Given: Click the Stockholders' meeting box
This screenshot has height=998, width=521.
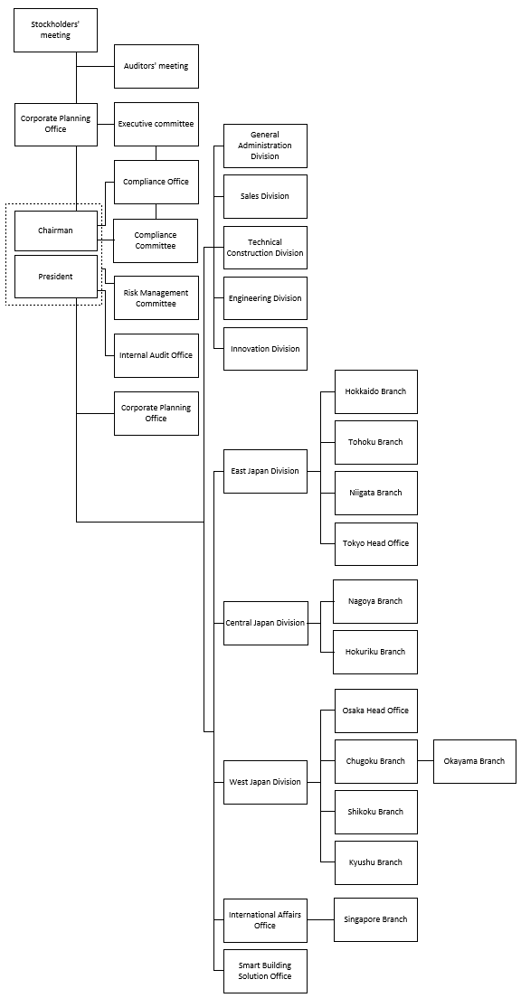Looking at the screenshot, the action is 55,30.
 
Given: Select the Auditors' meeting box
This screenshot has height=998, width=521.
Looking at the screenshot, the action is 156,66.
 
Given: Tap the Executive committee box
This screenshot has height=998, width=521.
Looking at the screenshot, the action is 156,124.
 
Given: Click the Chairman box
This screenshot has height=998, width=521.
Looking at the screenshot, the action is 55,231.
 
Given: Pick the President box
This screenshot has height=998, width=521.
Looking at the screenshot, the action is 55,277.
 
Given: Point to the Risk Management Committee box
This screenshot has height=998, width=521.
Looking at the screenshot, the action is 156,298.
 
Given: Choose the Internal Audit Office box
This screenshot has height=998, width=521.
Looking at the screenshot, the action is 156,355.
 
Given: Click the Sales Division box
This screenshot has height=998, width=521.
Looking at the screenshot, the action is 265,197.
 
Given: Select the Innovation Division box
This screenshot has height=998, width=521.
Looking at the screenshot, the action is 265,349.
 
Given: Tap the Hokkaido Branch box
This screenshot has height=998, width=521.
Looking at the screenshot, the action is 375,391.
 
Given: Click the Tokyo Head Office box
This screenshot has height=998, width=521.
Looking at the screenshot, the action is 375,543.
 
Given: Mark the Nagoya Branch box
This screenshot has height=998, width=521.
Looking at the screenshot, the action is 375,601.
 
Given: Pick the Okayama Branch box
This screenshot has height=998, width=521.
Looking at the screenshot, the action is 475,761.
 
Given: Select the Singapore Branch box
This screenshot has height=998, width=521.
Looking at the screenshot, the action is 375,919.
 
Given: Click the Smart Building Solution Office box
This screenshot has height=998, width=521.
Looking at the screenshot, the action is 265,971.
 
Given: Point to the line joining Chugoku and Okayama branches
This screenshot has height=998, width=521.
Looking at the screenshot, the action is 425,761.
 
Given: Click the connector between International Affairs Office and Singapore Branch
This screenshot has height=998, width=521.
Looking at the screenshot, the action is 320,919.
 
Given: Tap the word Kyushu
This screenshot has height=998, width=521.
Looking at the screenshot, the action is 362,863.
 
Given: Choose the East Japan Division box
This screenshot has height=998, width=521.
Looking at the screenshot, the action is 265,471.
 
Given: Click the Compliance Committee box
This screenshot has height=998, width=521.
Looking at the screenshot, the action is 156,240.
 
